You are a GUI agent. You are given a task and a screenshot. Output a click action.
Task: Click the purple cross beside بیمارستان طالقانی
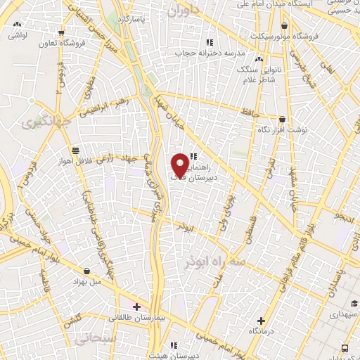point(136,307)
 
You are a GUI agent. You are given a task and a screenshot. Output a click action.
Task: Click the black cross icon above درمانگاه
point(262,320)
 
